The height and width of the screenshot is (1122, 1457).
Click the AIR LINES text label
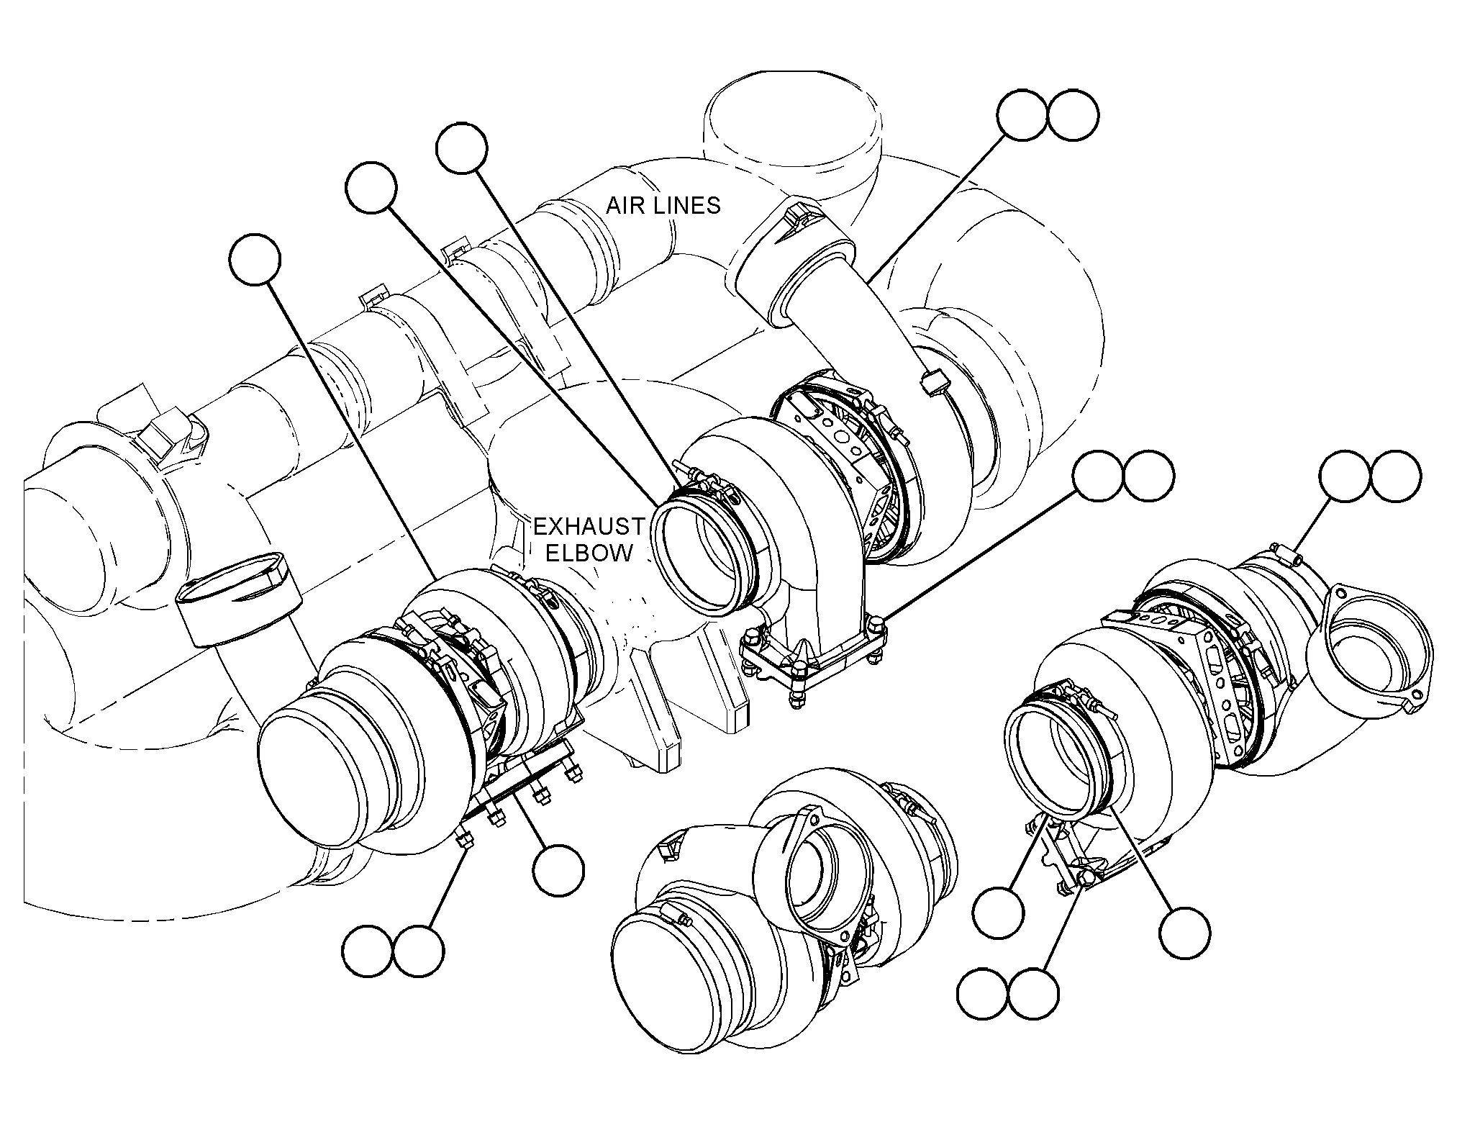tap(663, 205)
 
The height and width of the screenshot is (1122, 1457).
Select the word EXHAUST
tap(589, 527)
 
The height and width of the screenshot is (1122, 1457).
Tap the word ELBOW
tap(589, 553)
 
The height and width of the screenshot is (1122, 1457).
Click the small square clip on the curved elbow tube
tap(931, 381)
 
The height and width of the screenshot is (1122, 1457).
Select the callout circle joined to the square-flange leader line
tap(1097, 476)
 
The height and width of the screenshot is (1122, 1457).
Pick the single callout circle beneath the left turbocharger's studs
tap(558, 870)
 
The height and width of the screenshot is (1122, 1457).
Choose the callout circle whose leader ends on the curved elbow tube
tap(1022, 115)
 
